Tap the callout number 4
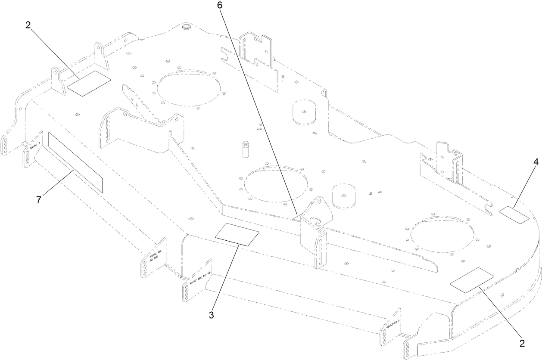click(536, 163)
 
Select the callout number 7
click(39, 199)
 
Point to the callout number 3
click(212, 315)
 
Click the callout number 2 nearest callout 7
click(28, 25)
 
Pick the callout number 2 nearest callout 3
click(522, 343)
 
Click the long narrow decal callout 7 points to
click(76, 161)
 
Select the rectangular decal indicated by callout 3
click(237, 235)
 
